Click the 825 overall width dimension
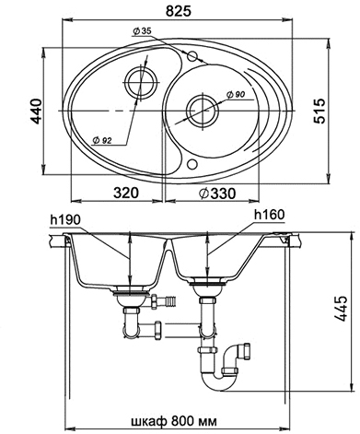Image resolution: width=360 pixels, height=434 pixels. (x=179, y=11)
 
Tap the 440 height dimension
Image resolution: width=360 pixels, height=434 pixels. (x=37, y=111)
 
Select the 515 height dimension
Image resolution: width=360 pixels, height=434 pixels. (x=319, y=111)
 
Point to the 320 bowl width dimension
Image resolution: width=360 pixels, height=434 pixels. (x=126, y=194)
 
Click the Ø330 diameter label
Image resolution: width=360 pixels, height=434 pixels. (x=217, y=194)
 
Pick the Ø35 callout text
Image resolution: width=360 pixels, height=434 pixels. (x=142, y=31)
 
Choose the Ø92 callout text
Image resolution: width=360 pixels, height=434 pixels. (x=102, y=140)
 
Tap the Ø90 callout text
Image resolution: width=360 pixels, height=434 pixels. (x=236, y=95)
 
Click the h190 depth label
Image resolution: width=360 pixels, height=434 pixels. (x=65, y=219)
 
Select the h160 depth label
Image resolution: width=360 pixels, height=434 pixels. (x=270, y=215)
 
